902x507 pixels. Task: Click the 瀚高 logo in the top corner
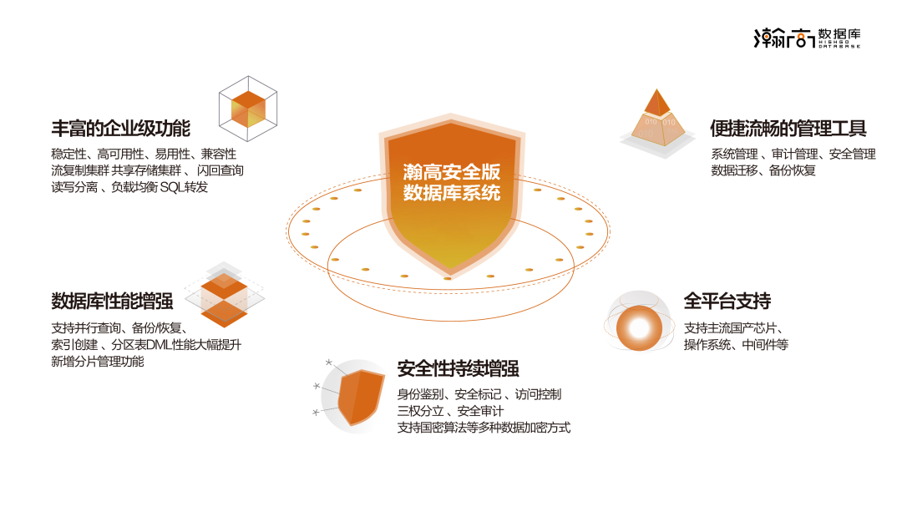pos(807,37)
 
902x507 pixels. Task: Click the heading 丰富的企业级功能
pos(121,129)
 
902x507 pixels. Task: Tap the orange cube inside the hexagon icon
pos(247,109)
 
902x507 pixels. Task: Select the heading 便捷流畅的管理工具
pos(788,129)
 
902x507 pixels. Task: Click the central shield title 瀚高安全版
pos(452,172)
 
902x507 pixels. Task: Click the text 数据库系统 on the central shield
pos(452,193)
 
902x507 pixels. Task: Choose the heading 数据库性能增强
pos(112,301)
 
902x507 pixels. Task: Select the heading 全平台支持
pos(727,301)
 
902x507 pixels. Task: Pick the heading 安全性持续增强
pos(458,368)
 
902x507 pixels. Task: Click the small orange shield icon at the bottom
pos(359,397)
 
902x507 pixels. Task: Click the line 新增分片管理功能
pos(98,362)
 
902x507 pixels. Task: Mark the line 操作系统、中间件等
pos(736,345)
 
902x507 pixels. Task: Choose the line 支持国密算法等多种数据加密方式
pos(484,428)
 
